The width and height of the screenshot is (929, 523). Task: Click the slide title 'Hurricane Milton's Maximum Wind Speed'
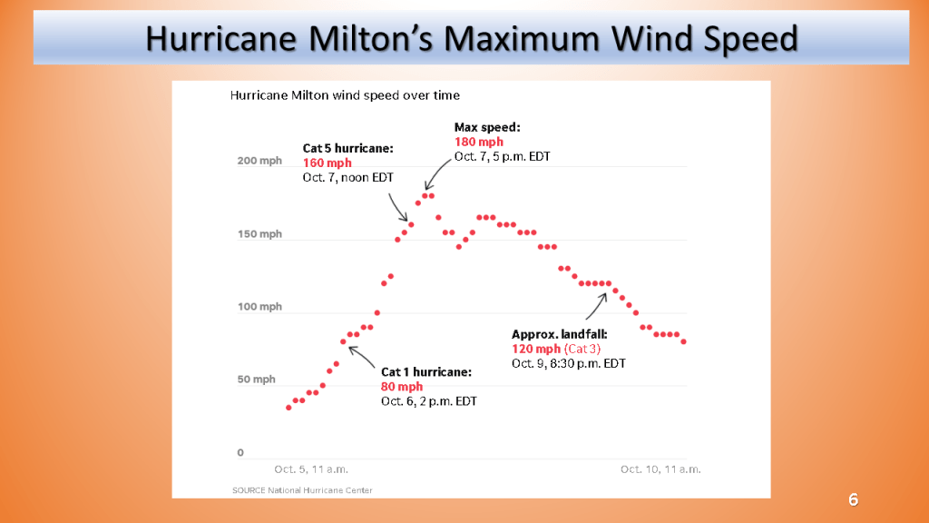pos(471,38)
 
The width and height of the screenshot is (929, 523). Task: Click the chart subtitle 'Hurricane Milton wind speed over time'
pos(345,95)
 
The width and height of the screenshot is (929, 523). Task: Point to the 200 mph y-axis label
pos(259,162)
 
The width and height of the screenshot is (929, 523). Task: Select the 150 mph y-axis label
pos(259,234)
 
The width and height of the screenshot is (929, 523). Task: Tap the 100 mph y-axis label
pos(259,307)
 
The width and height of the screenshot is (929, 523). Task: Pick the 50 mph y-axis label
pos(257,380)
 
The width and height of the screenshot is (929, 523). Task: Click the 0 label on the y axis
pos(240,452)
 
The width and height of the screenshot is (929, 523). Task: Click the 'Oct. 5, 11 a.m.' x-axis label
pos(311,469)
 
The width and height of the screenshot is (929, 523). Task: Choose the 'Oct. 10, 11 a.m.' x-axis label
pos(660,469)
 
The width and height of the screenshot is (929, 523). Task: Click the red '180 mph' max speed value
pos(478,143)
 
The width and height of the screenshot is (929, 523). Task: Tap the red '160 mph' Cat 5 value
pos(327,163)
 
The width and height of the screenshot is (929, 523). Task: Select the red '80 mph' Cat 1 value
pos(402,387)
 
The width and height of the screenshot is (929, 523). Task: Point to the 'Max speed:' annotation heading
pos(487,128)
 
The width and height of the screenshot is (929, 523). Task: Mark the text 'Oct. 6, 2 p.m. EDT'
pos(428,401)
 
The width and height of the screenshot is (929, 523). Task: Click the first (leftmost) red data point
pos(288,408)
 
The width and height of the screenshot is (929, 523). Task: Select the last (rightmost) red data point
pos(683,341)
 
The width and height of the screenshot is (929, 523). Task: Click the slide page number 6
pos(853,499)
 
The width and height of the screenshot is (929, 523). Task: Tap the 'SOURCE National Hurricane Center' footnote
pos(302,490)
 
